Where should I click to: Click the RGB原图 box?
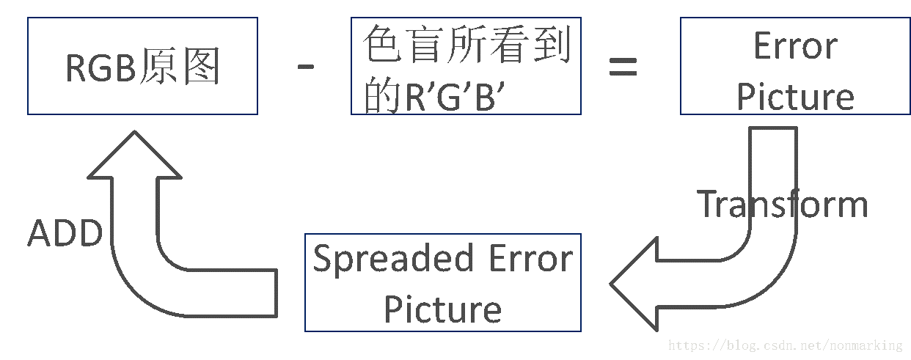pyautogui.click(x=142, y=66)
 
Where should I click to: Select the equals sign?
pyautogui.click(x=623, y=69)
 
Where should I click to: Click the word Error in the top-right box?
pyautogui.click(x=795, y=47)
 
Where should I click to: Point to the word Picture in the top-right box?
pyautogui.click(x=795, y=97)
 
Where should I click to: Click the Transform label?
pyautogui.click(x=782, y=204)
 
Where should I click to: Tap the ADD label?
pyautogui.click(x=65, y=233)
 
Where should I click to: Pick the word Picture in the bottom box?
pyautogui.click(x=443, y=309)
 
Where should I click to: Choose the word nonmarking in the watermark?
pyautogui.click(x=866, y=345)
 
